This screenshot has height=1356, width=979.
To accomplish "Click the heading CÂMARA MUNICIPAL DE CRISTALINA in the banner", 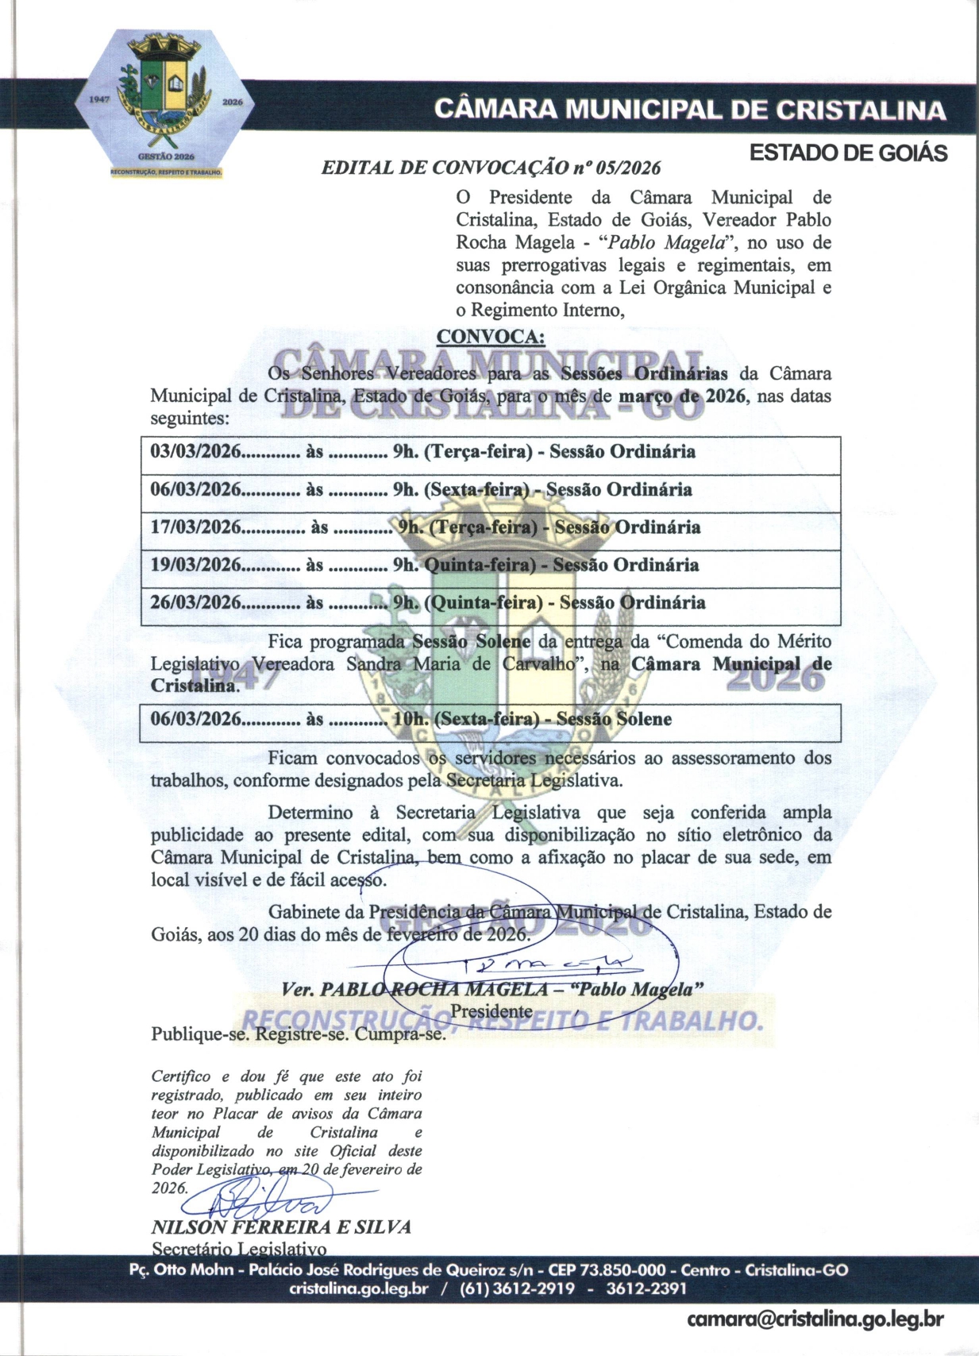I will coord(690,110).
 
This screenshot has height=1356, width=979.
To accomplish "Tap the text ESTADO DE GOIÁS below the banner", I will coord(848,153).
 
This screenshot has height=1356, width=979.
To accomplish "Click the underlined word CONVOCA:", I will coord(491,337).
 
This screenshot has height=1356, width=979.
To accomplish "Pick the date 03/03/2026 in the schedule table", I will coord(195,452).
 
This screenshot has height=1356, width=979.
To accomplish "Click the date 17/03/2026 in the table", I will coord(195,527).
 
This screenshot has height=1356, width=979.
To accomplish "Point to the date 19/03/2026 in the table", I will coord(195,565).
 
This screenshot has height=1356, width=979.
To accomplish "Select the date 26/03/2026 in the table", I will coord(195,602).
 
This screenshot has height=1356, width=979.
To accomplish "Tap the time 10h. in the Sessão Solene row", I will coord(410,720).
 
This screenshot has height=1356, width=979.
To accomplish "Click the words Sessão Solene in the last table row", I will coord(614,720).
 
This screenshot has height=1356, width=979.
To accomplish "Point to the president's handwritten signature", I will coord(548,965).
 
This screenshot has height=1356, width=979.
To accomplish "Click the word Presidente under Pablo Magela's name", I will coord(491,1011).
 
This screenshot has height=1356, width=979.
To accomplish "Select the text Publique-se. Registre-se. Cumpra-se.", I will coord(299,1034).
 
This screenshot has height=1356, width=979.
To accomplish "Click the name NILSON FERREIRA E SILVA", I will coord(281,1227).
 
